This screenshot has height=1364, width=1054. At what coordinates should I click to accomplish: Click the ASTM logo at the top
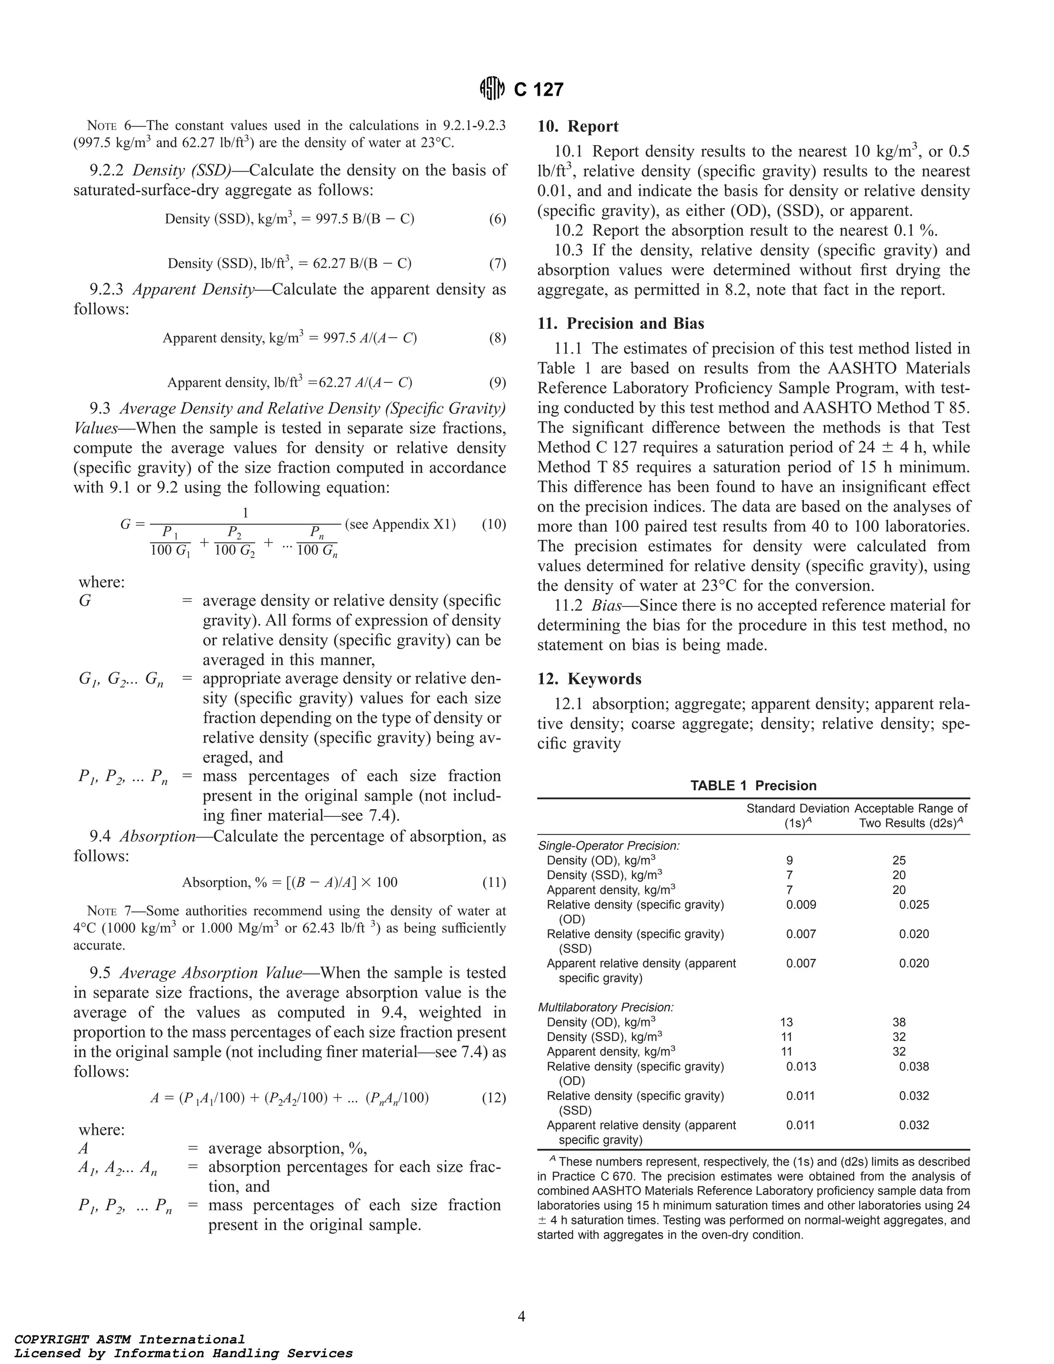(x=491, y=90)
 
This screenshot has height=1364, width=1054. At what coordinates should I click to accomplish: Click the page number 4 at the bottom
(x=521, y=1317)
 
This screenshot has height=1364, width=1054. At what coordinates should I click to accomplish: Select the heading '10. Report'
(x=577, y=126)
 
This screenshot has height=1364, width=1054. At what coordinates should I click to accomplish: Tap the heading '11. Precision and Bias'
(x=621, y=324)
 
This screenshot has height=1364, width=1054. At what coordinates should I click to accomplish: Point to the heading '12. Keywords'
(x=589, y=679)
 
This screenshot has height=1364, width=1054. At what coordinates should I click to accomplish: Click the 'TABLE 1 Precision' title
(x=753, y=785)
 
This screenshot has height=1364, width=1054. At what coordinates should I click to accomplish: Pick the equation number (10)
(x=493, y=524)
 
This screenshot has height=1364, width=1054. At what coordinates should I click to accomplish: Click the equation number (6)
(x=497, y=219)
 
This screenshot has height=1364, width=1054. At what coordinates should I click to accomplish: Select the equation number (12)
(x=493, y=1098)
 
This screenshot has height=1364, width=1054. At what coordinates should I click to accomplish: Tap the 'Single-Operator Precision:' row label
(x=609, y=846)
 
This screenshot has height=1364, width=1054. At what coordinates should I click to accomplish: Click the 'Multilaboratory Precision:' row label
(x=606, y=1007)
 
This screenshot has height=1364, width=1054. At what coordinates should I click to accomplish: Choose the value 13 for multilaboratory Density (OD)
(x=786, y=1022)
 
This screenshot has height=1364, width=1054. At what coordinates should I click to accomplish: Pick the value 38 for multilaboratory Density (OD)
(x=899, y=1022)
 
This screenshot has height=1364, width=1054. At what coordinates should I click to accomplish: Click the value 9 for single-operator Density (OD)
(x=789, y=861)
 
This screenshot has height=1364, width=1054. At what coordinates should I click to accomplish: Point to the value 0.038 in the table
(x=914, y=1066)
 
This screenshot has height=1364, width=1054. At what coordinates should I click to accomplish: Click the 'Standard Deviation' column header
(x=797, y=809)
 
